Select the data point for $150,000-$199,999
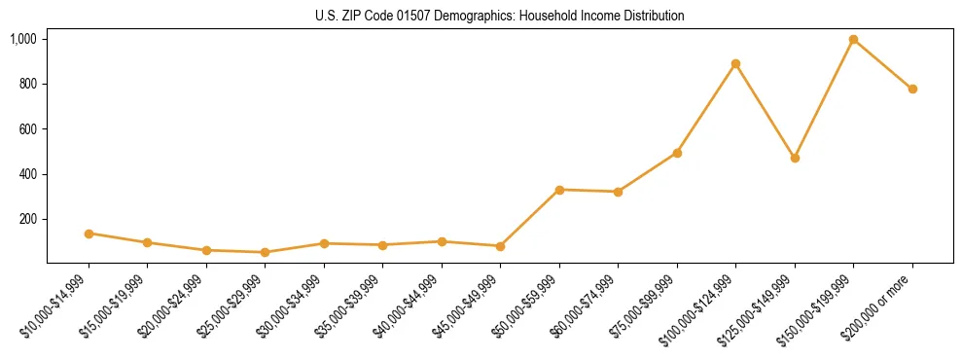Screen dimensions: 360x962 coord(853,40)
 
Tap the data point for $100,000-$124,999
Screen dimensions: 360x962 coord(735,64)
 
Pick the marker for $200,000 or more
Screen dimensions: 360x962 coord(912,90)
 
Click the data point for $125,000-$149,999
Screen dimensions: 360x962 coord(795,158)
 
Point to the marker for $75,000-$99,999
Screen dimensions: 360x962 coord(677,153)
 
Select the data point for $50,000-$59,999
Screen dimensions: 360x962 coord(559,190)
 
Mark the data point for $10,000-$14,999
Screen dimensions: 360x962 coord(89,234)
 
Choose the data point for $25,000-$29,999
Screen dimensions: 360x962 coord(265,252)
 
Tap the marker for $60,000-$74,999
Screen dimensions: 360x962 coord(618,192)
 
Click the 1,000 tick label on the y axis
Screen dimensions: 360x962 coord(23,39)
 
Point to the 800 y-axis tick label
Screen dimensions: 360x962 coord(28,84)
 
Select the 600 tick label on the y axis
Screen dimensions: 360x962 coord(28,129)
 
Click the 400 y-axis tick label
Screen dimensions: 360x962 coord(28,174)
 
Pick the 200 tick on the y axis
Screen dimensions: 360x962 coord(28,219)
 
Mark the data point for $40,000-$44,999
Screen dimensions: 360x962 coord(442,241)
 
